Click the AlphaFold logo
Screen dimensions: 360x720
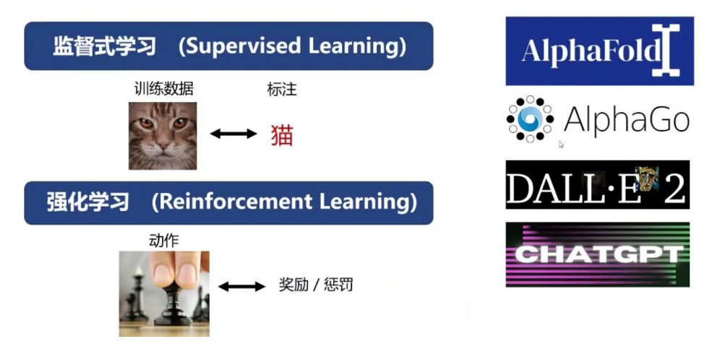click(599, 51)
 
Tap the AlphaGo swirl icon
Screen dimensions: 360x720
click(530, 119)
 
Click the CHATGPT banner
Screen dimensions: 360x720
click(597, 254)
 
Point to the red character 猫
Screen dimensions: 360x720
click(282, 134)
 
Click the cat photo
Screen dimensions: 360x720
click(163, 136)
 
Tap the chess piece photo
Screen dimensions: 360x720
click(164, 293)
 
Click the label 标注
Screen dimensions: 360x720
click(282, 90)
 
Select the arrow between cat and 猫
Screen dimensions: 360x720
click(233, 134)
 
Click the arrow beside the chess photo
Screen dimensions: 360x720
click(241, 286)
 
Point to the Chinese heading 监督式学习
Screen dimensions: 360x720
click(104, 46)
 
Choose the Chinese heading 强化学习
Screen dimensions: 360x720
click(90, 202)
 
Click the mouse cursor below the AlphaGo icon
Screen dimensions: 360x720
click(561, 145)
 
